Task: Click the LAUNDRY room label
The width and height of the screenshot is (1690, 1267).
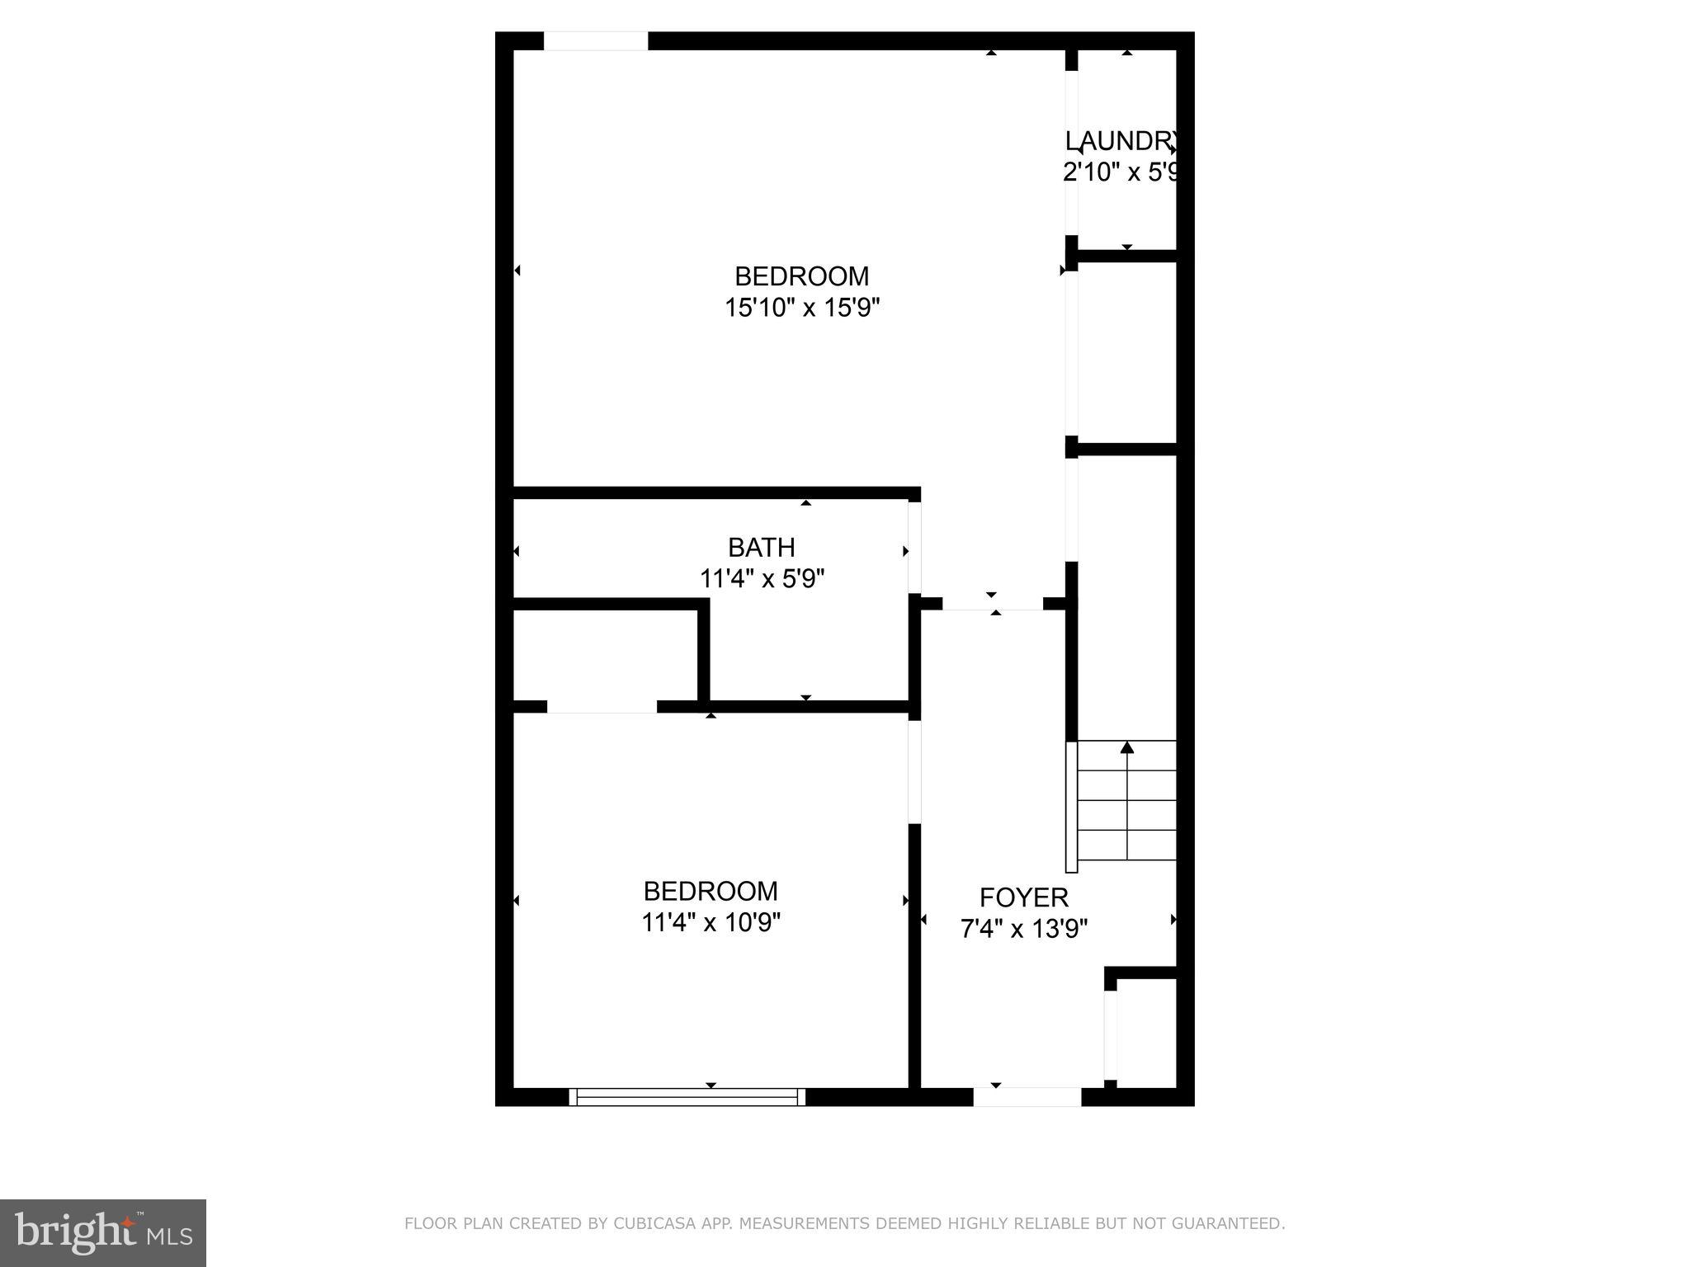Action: point(1121,141)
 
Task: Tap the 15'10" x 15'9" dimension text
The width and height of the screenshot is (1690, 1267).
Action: point(802,308)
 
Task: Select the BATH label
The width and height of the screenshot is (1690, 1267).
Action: point(761,547)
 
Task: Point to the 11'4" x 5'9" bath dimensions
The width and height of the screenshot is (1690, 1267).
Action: point(762,579)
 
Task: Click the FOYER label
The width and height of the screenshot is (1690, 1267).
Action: point(1023,897)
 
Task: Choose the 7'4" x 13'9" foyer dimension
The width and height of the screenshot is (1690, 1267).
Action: point(1023,929)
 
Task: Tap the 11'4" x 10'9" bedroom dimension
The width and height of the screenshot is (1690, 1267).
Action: point(710,922)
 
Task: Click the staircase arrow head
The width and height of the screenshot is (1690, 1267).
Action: point(1127,747)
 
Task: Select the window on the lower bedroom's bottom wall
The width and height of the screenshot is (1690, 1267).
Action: point(687,1096)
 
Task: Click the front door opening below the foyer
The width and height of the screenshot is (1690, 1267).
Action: point(1027,1096)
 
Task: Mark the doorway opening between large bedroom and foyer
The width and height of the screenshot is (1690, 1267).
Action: point(994,604)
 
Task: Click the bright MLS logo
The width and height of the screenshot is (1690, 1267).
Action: point(103,1233)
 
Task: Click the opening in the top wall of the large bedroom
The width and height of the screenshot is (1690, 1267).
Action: point(595,41)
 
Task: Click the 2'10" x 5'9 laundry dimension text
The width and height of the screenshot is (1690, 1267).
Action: point(1121,172)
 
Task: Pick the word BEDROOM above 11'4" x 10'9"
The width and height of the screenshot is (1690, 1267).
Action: point(710,891)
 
